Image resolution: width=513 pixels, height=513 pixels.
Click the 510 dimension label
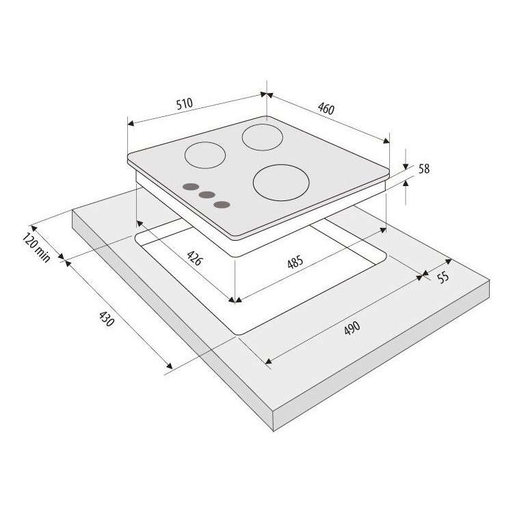185,104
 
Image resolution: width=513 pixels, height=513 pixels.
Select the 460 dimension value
326,109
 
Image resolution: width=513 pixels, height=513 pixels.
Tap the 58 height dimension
424,169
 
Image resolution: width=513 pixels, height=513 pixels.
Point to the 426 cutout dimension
195,258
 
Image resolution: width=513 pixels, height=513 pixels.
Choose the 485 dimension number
295,262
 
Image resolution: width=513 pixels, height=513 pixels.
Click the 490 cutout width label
352,328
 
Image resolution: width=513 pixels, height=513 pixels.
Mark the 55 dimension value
443,278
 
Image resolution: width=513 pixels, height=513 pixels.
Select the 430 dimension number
107,319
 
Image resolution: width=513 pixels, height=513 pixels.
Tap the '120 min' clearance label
36,248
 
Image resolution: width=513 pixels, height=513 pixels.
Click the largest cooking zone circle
281,183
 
